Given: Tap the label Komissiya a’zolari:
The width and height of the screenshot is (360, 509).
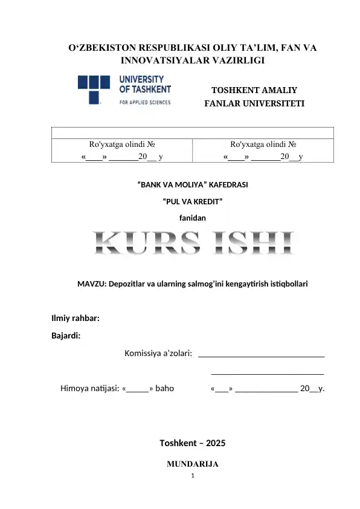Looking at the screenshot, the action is [158, 353].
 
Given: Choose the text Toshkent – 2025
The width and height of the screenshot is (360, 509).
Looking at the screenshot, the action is [193, 443].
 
